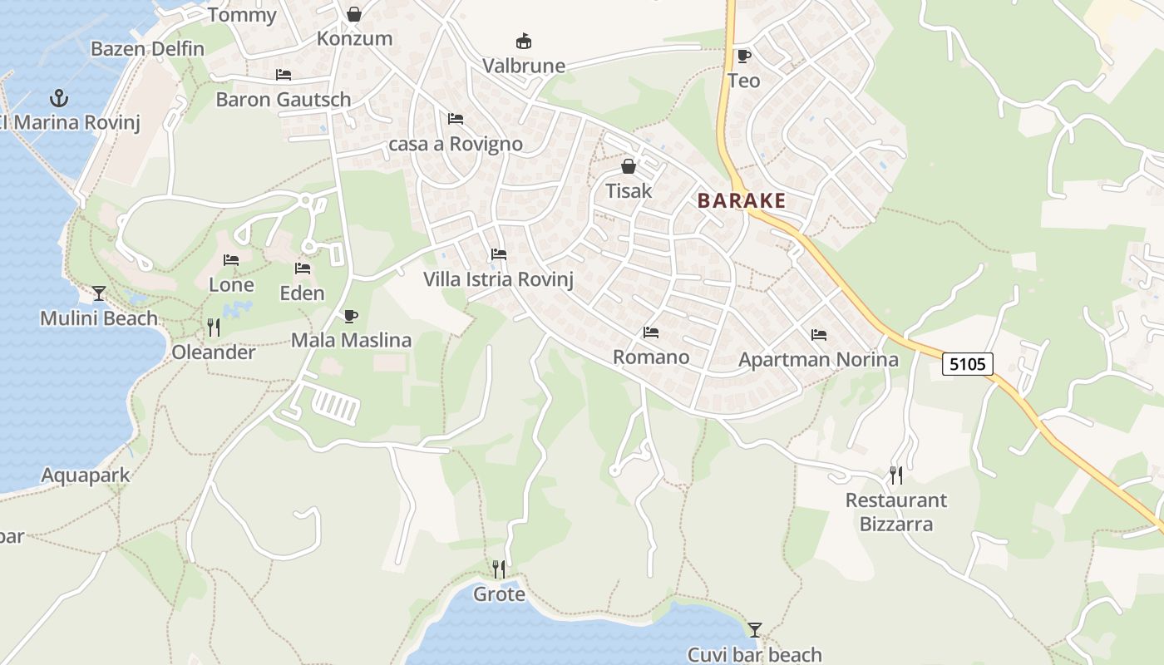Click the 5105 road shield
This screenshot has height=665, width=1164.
968,363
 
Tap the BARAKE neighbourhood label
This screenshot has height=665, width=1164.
742,200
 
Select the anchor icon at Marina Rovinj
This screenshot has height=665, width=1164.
59,98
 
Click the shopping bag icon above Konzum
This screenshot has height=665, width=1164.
354,14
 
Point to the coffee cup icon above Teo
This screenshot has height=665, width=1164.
743,56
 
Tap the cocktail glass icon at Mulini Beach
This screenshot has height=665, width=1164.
99,293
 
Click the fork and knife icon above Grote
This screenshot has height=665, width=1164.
499,569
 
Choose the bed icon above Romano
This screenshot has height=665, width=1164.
651,332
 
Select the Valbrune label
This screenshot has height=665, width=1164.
524,66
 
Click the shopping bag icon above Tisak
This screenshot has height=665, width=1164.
629,166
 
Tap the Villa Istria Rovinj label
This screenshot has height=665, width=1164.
499,279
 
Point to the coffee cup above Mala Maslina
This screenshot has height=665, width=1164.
351,316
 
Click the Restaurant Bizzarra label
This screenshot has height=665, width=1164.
896,512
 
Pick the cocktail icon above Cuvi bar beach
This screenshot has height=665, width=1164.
755,629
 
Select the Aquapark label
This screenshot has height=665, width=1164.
86,475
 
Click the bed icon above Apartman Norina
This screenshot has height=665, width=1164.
819,335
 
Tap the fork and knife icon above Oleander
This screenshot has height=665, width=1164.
214,327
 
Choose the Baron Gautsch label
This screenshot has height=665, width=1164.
284,100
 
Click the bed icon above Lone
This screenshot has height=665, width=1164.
231,260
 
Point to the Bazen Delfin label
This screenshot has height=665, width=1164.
147,49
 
